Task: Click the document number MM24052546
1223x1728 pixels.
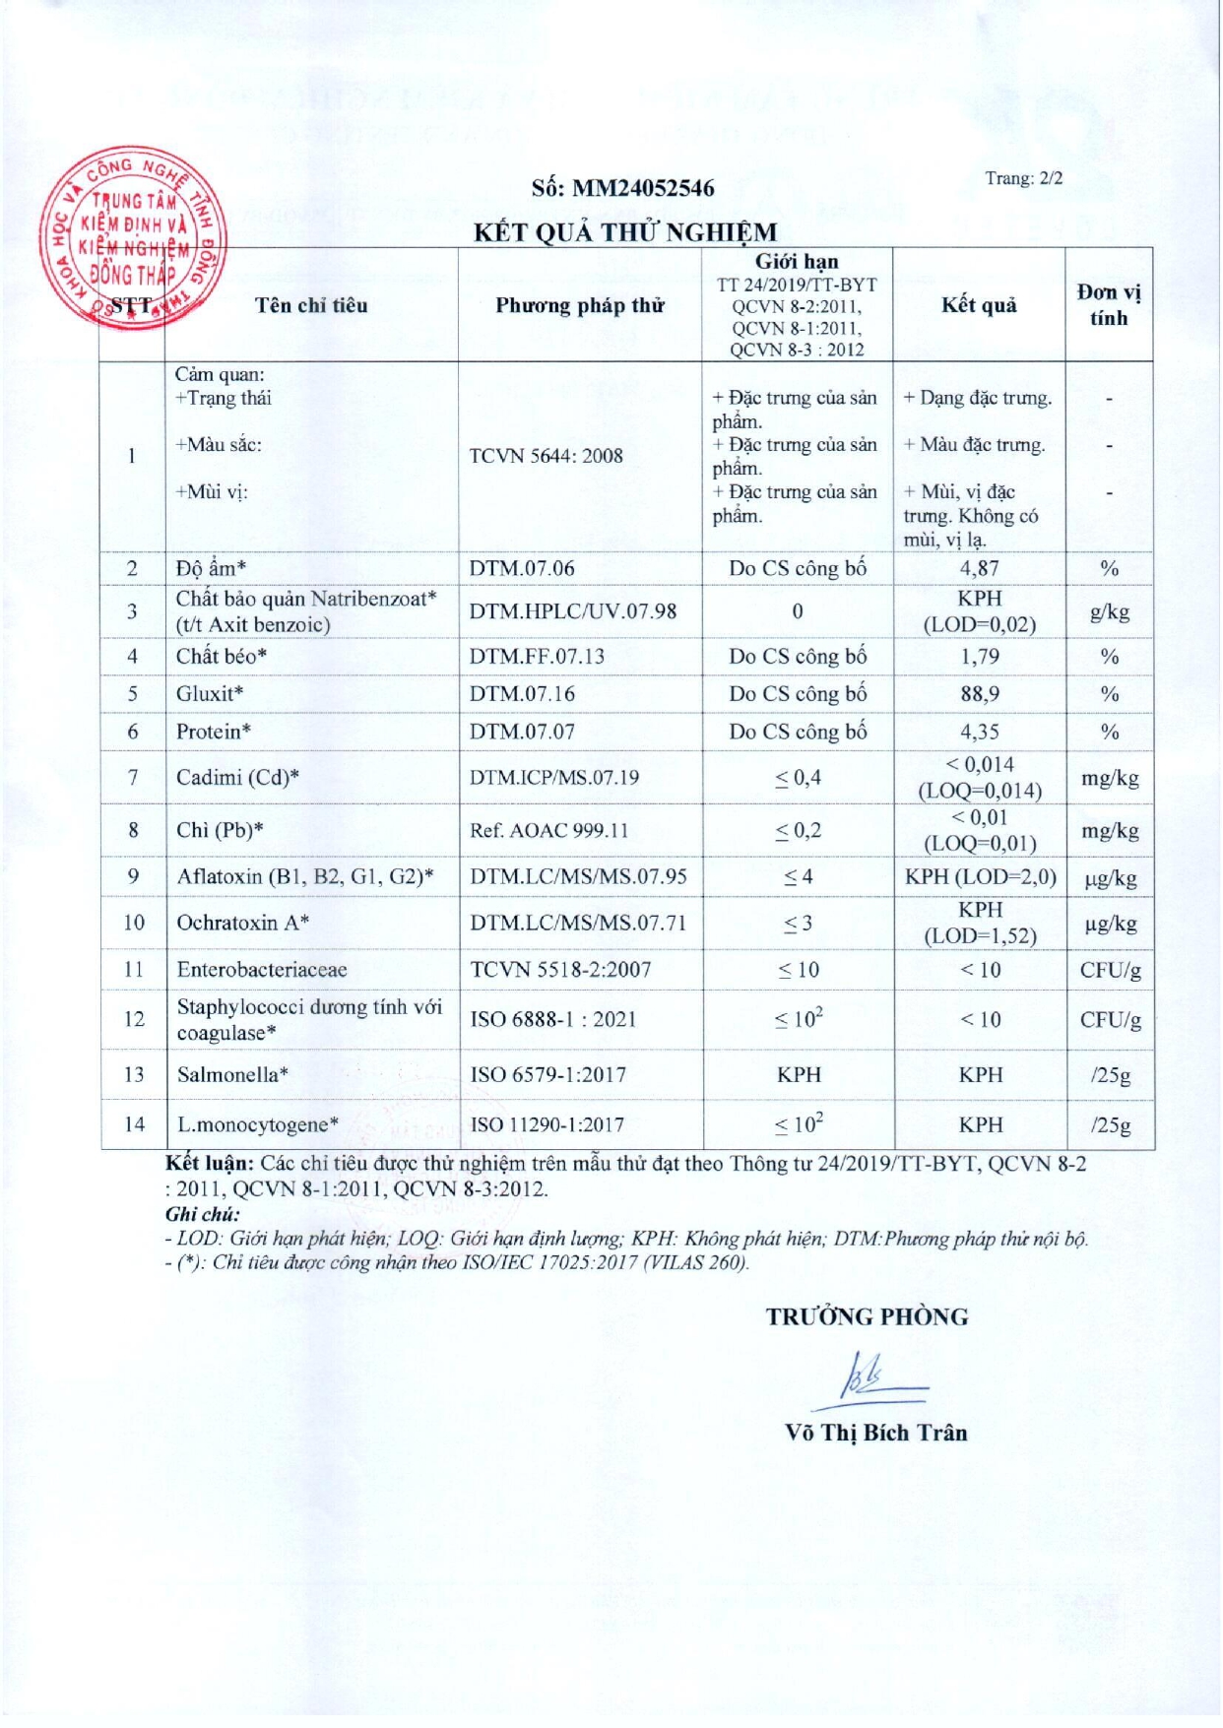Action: tap(622, 188)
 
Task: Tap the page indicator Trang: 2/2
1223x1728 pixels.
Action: tap(1023, 178)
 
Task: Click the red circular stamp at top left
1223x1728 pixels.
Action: tap(135, 236)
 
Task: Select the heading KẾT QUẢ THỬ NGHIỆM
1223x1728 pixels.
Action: tap(624, 232)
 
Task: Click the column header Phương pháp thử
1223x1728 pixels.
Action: tap(579, 305)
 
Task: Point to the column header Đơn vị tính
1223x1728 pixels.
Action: tap(1108, 304)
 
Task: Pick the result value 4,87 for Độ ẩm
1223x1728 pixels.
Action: tap(979, 568)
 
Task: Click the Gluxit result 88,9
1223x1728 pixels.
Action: tap(979, 693)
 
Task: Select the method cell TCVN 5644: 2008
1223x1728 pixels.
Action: tap(546, 456)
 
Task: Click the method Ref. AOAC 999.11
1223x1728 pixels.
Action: tap(548, 830)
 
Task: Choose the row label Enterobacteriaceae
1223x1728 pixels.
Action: tap(262, 970)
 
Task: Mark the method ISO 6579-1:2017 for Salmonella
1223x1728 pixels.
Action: tap(547, 1074)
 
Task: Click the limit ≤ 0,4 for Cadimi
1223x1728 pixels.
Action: tap(798, 778)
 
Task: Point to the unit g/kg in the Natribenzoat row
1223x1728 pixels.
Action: tap(1109, 611)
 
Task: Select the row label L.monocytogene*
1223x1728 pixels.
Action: tap(258, 1124)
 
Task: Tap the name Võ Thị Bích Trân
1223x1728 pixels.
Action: tap(875, 1433)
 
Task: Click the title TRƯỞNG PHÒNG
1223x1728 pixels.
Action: tap(867, 1316)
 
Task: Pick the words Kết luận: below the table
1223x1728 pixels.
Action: tap(210, 1163)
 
